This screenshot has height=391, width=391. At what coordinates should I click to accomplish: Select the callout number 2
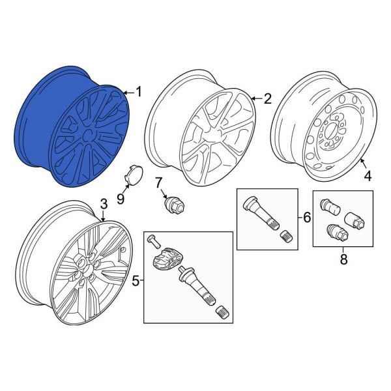tap(267, 99)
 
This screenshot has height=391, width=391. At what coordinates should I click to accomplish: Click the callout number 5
tap(136, 282)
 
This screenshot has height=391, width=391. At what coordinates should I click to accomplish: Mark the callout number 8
tap(343, 259)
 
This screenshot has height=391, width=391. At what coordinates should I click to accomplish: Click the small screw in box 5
tap(150, 239)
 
